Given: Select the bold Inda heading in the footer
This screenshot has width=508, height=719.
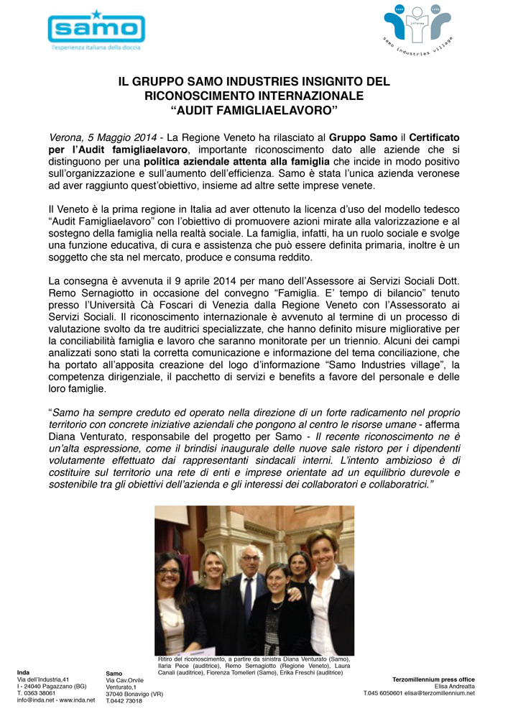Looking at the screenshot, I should (x=23, y=672).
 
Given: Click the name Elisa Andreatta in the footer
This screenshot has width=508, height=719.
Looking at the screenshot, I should (x=452, y=686).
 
